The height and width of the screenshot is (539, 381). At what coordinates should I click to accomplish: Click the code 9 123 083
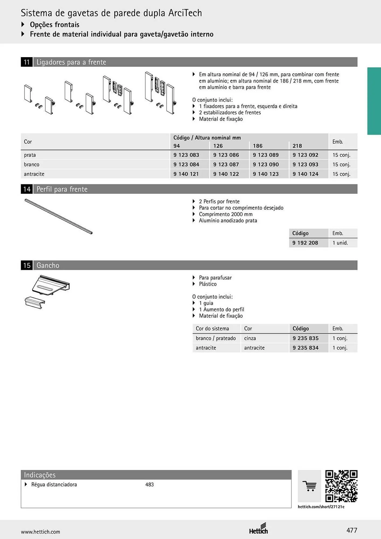pyautogui.click(x=186, y=155)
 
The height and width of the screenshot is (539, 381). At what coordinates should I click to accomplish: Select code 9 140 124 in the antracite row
pyautogui.click(x=306, y=174)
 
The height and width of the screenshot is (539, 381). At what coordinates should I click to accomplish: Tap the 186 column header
pyautogui.click(x=258, y=146)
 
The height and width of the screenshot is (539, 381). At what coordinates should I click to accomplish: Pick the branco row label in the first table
pyautogui.click(x=32, y=164)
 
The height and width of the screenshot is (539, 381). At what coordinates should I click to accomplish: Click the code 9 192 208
pyautogui.click(x=305, y=243)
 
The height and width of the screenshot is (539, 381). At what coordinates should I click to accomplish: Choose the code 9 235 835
pyautogui.click(x=306, y=338)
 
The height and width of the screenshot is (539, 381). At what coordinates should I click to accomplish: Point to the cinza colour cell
pyautogui.click(x=250, y=338)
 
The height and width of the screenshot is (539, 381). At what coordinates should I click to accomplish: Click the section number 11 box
pyautogui.click(x=27, y=62)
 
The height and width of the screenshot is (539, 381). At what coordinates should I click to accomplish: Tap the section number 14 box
pyautogui.click(x=27, y=189)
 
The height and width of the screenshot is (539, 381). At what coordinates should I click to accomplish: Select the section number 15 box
pyautogui.click(x=27, y=265)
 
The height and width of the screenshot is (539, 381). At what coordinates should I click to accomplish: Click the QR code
pyautogui.click(x=341, y=486)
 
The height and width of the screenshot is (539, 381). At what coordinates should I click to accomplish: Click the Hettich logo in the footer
pyautogui.click(x=259, y=528)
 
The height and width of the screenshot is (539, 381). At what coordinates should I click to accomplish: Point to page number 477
pyautogui.click(x=352, y=530)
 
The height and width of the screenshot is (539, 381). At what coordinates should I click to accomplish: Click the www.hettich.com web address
pyautogui.click(x=40, y=532)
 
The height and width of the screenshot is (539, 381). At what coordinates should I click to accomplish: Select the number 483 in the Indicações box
pyautogui.click(x=150, y=485)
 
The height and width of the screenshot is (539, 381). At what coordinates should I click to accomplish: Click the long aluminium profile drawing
pyautogui.click(x=58, y=216)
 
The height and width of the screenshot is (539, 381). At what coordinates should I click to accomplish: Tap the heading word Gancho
pyautogui.click(x=48, y=265)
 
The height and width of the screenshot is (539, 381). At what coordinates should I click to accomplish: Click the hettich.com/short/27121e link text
pyautogui.click(x=321, y=507)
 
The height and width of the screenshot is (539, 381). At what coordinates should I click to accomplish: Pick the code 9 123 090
pyautogui.click(x=266, y=164)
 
